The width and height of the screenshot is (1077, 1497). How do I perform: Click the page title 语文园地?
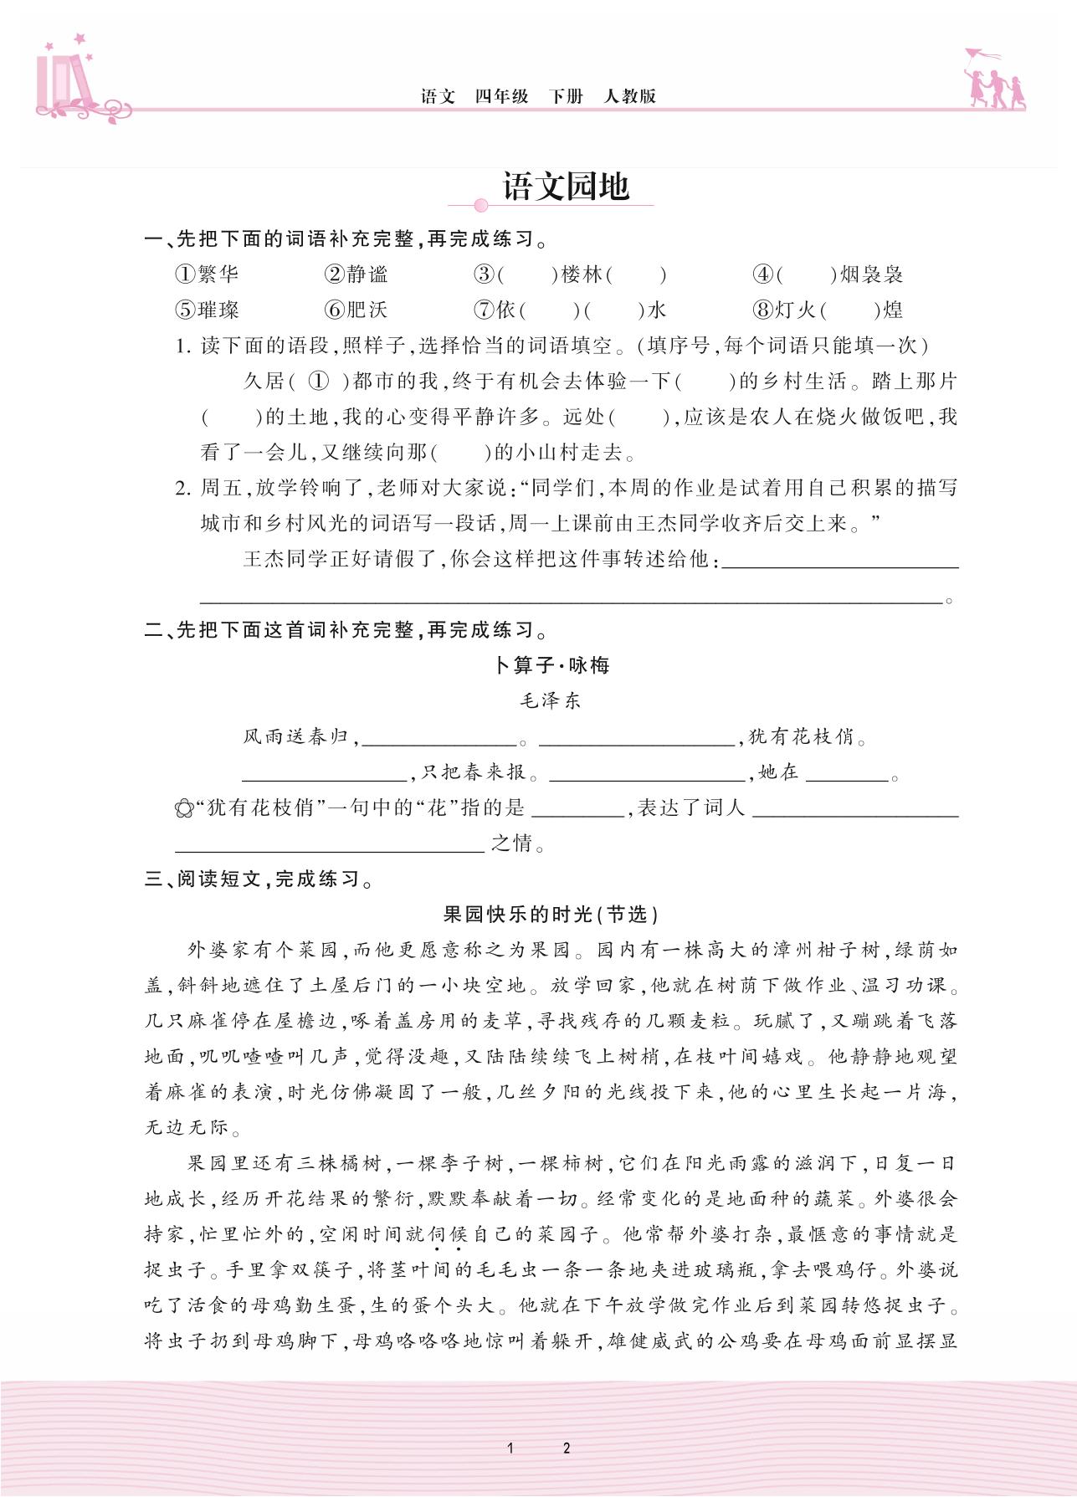[x=565, y=187]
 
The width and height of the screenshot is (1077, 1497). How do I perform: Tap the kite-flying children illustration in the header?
[x=994, y=80]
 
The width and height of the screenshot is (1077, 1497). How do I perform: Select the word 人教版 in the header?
[x=629, y=96]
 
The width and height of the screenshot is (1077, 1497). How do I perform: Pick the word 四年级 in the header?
[x=501, y=96]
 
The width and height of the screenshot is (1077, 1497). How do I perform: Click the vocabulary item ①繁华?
[x=207, y=274]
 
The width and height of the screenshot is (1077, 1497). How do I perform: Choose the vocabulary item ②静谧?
[x=356, y=274]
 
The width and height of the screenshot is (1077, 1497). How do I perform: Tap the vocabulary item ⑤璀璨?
[x=207, y=310]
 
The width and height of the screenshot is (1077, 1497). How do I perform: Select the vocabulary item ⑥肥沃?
[x=356, y=310]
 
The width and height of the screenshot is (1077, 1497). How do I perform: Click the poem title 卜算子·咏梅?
[x=551, y=665]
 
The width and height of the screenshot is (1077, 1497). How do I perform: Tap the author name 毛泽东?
[x=551, y=701]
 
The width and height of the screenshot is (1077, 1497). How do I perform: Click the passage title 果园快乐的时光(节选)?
[x=551, y=915]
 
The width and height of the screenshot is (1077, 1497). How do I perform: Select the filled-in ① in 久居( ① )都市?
[x=319, y=381]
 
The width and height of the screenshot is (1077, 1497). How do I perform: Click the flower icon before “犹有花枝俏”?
[x=184, y=809]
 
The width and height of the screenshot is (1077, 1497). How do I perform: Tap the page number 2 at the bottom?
[x=567, y=1448]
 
